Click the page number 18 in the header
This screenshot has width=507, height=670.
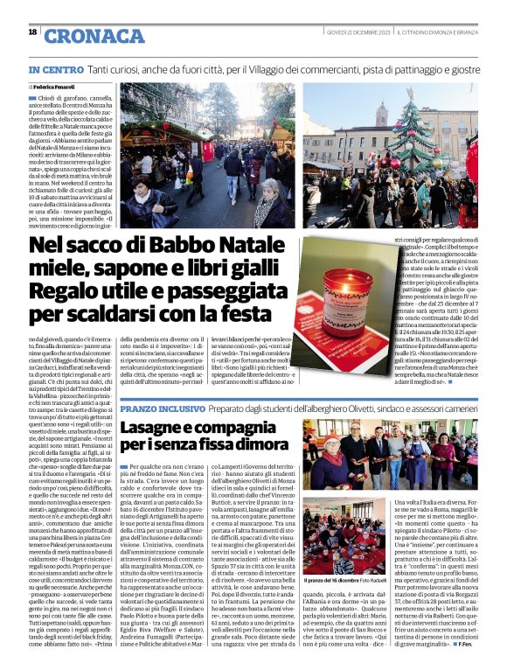tap(32, 32)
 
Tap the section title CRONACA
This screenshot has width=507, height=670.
tap(94, 35)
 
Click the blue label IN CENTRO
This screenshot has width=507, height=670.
tap(57, 68)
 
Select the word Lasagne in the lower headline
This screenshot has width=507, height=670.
tap(158, 429)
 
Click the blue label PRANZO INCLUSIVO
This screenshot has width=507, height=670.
tap(156, 408)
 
